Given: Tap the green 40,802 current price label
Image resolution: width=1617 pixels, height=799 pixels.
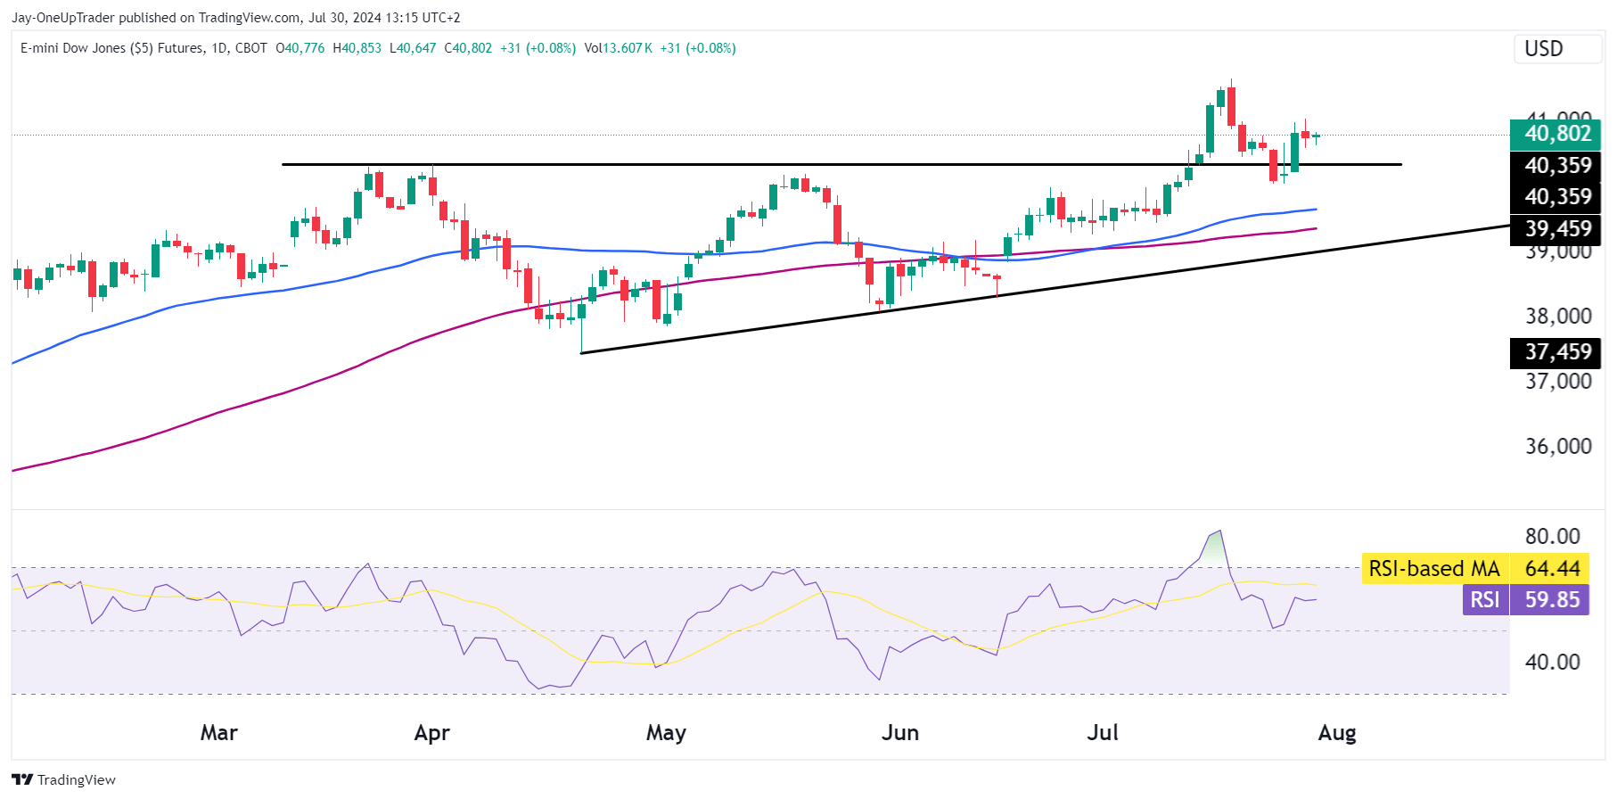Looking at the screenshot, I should point(1556,134).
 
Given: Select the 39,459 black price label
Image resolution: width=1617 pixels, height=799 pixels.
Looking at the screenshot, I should point(1556,229).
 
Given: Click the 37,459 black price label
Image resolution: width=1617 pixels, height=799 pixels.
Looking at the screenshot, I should point(1556,352).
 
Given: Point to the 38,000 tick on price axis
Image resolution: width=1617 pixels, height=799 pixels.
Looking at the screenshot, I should point(1557,316).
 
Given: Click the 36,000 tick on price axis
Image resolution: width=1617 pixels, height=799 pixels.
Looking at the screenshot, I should point(1557,446).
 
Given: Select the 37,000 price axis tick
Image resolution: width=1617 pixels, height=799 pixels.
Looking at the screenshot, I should point(1557,382).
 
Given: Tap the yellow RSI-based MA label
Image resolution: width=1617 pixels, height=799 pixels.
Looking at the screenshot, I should point(1433,569).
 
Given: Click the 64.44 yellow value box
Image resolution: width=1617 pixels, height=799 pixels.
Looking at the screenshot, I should point(1551,569).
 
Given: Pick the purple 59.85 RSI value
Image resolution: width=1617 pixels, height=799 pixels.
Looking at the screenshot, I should point(1551,600).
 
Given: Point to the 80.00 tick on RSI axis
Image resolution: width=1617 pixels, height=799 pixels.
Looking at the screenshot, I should point(1552,536).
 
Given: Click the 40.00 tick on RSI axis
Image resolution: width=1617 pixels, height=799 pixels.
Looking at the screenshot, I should point(1552,662).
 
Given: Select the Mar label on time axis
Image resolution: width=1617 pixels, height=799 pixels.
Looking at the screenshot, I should point(218,733).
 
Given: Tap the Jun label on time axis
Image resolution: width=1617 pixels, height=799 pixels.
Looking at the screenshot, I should point(899,733).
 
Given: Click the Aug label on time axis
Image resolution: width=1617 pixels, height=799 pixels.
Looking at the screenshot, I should point(1336,733).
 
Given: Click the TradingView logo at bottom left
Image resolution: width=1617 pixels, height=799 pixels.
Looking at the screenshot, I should point(64,779).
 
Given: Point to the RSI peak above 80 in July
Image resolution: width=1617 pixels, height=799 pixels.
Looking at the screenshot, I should point(1219,531).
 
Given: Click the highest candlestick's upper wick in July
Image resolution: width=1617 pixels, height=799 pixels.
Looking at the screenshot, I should point(1231,82).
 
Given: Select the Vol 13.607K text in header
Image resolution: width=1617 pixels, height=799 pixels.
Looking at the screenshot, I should point(618,48).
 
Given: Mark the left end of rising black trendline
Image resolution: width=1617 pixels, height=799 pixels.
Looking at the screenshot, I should point(581,353).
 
